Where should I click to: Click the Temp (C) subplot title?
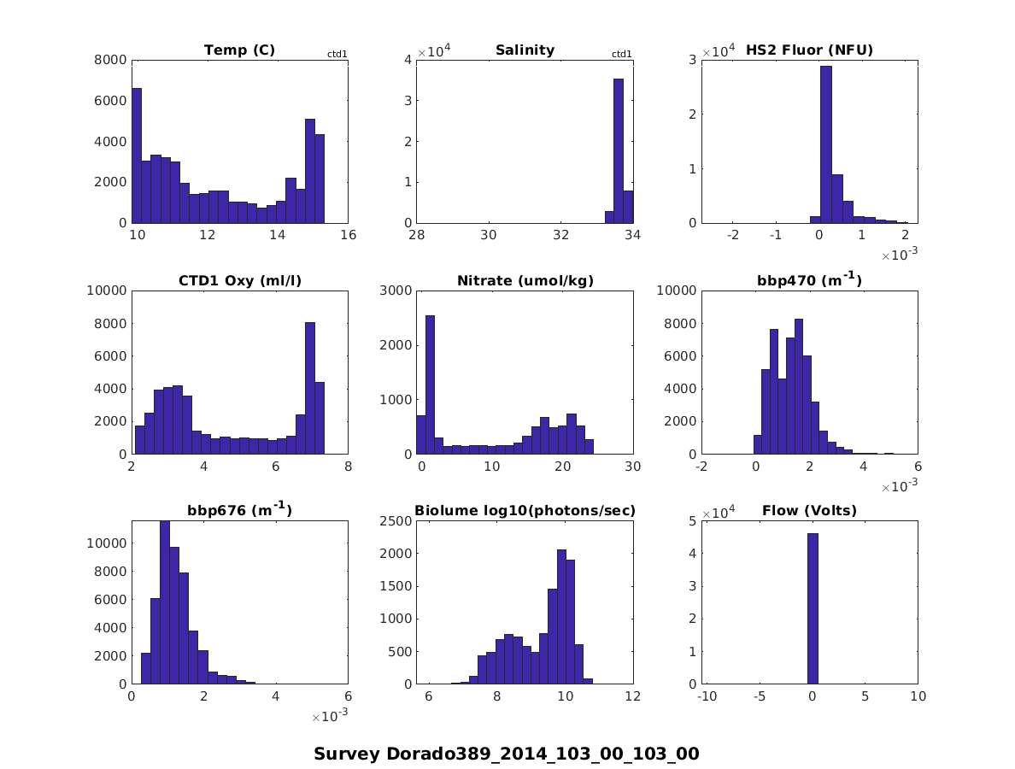239,50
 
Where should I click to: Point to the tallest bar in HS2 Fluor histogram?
826,145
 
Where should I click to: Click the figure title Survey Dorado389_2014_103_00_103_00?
506,754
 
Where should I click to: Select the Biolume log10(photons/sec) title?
525,511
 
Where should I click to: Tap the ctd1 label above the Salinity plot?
622,55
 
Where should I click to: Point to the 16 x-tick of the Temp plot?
348,235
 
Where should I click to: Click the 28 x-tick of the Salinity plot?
417,235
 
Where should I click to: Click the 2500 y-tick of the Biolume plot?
391,521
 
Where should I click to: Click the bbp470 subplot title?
809,280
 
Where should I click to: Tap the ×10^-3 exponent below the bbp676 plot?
330,715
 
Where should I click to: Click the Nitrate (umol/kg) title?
525,280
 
